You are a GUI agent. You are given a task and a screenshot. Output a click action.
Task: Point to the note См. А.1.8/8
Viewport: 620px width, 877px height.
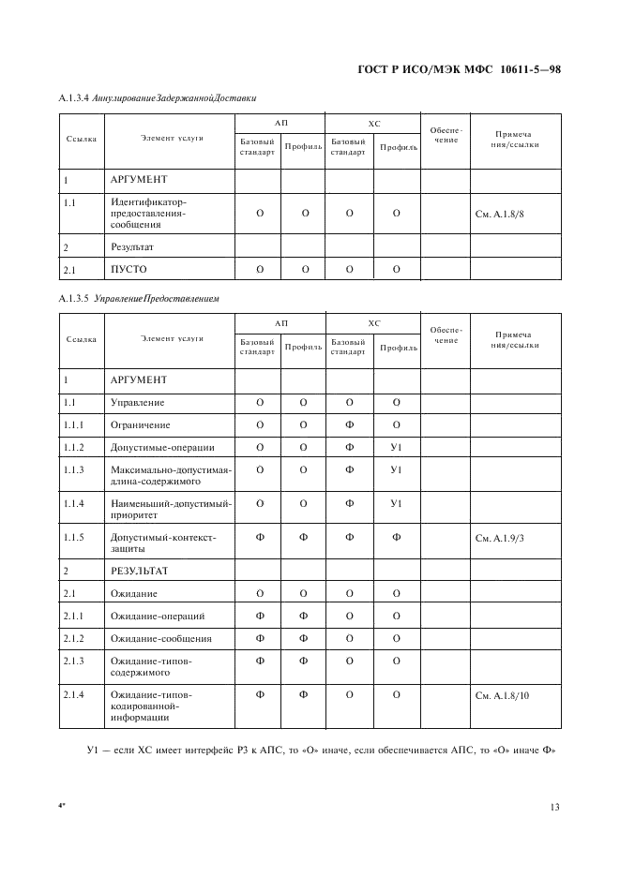click(501, 214)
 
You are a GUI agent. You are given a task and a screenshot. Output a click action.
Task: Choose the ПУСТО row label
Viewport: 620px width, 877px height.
click(129, 270)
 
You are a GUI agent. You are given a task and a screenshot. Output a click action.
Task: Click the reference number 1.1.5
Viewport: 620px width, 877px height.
click(74, 538)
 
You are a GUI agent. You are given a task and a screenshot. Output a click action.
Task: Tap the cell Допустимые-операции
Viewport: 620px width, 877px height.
click(162, 447)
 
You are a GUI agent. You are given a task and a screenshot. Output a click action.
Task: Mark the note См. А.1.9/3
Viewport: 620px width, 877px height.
click(501, 538)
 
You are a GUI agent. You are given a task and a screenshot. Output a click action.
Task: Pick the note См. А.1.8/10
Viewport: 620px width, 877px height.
click(504, 695)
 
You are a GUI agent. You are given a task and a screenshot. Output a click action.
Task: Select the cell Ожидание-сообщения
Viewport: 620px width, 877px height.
click(161, 639)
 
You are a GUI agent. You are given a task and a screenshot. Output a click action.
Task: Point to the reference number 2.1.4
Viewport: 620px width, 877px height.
click(74, 695)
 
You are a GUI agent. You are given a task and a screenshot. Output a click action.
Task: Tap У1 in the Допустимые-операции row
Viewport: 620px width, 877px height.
click(396, 447)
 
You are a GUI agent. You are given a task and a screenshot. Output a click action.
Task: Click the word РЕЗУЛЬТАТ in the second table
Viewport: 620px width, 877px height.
click(140, 570)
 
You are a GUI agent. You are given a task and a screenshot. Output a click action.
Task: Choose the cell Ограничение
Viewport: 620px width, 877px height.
click(141, 424)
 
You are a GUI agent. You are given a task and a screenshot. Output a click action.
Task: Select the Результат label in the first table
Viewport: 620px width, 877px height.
click(132, 247)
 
